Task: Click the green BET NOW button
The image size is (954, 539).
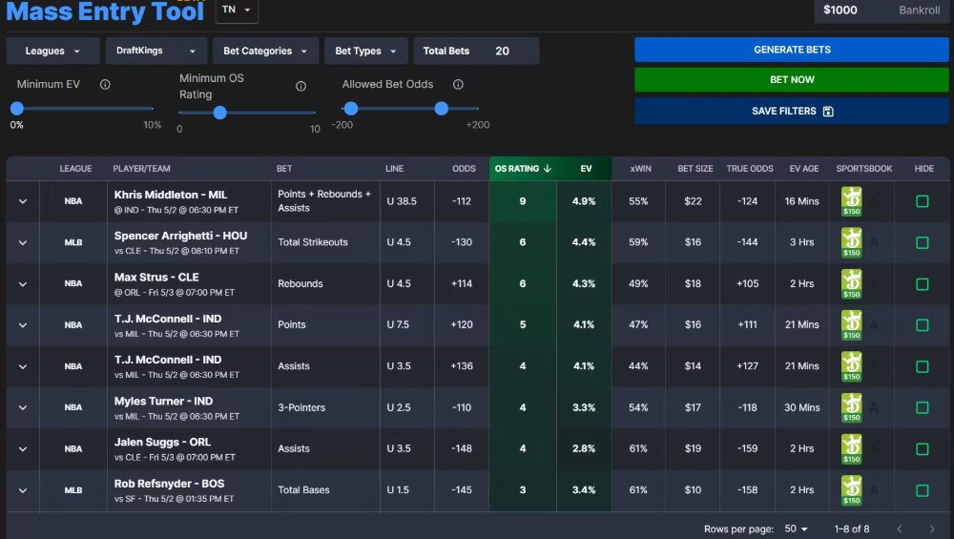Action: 791,80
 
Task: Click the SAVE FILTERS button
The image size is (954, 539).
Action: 791,112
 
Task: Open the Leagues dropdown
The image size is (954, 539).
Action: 52,52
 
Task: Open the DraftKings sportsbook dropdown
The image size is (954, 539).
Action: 156,52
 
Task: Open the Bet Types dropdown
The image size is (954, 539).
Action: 365,52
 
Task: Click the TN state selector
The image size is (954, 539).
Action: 237,10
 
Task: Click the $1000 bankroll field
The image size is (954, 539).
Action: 881,10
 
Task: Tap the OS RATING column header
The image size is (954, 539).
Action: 522,169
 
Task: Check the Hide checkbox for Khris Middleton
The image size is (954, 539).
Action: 922,201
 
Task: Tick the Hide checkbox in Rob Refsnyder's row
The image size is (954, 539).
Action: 922,490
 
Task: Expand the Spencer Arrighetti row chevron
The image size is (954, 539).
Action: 23,243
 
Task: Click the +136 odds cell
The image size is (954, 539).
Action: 462,366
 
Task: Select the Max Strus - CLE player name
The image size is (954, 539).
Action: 156,278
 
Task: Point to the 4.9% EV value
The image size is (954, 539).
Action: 584,201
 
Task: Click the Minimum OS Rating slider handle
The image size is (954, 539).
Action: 219,113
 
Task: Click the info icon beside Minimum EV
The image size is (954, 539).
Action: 105,85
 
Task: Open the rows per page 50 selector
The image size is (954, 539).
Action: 796,529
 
